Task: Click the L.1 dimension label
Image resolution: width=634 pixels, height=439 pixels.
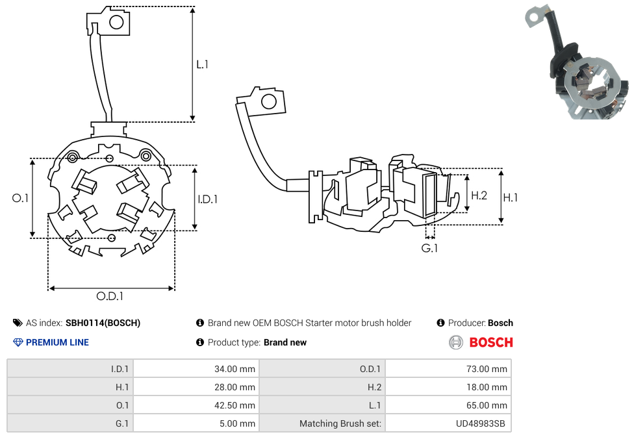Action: (202, 64)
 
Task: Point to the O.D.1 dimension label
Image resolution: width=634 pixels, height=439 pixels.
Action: (110, 296)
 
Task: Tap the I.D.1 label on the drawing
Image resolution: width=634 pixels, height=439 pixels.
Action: (207, 199)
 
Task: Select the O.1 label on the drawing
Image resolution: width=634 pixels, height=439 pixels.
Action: (20, 198)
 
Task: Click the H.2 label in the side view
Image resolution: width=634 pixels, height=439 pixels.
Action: (479, 195)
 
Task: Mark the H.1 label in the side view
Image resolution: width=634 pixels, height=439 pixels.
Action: (511, 197)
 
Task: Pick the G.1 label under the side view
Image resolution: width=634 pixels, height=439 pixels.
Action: (429, 248)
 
